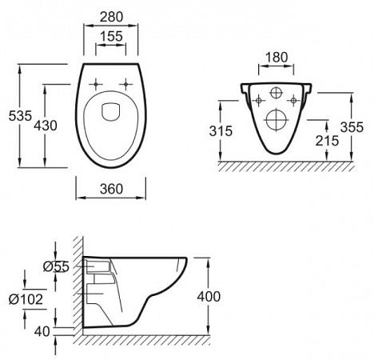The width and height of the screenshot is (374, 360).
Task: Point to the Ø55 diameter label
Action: coord(54,266)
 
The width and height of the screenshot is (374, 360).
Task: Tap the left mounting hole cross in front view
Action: coord(260,100)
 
